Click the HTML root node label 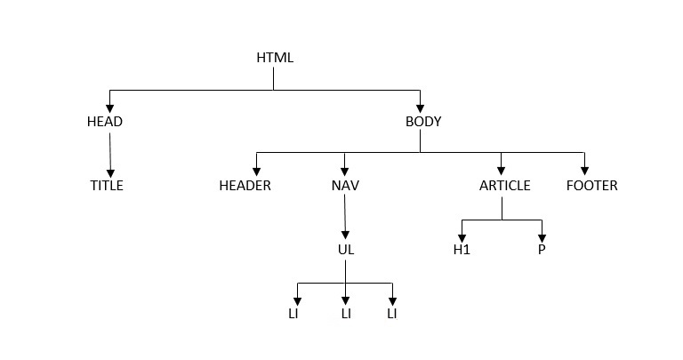tap(274, 58)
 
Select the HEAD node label tap(105, 122)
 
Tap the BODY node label tap(423, 122)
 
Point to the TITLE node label tap(107, 186)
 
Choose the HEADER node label tap(245, 186)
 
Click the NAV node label tap(345, 186)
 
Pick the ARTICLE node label tap(504, 186)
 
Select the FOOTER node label tap(591, 186)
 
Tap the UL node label tap(346, 250)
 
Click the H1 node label tap(462, 250)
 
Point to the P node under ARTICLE tap(541, 250)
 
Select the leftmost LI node tap(293, 314)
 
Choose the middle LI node tap(346, 314)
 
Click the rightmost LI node tap(392, 314)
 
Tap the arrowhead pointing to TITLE tap(111, 173)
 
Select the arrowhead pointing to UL tap(345, 236)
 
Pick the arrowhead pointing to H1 tap(462, 236)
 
